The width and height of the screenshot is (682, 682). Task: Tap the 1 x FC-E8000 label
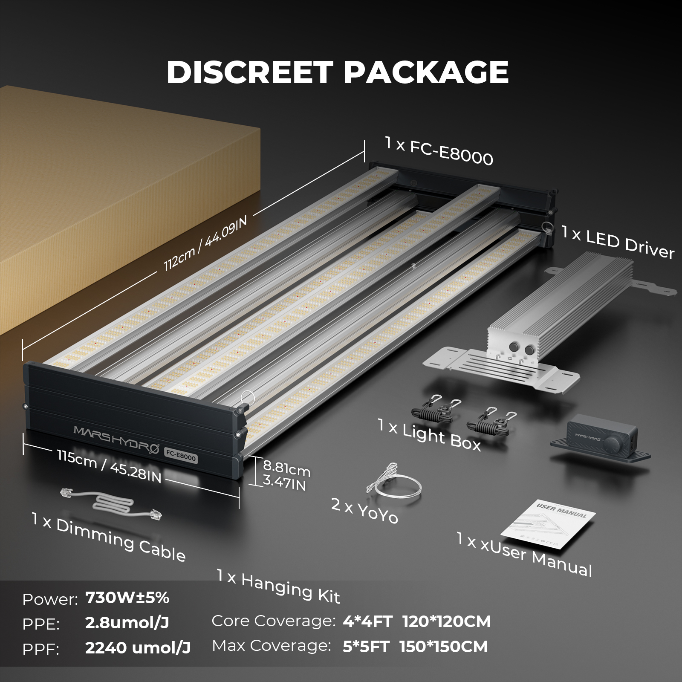point(439,151)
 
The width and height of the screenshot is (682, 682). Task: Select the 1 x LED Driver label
point(618,243)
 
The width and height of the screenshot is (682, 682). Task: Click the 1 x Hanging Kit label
point(278,587)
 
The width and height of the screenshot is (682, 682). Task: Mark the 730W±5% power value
point(127,598)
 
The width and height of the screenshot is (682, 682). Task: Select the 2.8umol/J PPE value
point(127,623)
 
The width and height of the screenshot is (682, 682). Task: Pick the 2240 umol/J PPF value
point(138,648)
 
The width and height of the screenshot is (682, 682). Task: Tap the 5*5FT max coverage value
point(366,647)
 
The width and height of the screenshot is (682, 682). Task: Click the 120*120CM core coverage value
point(446,621)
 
